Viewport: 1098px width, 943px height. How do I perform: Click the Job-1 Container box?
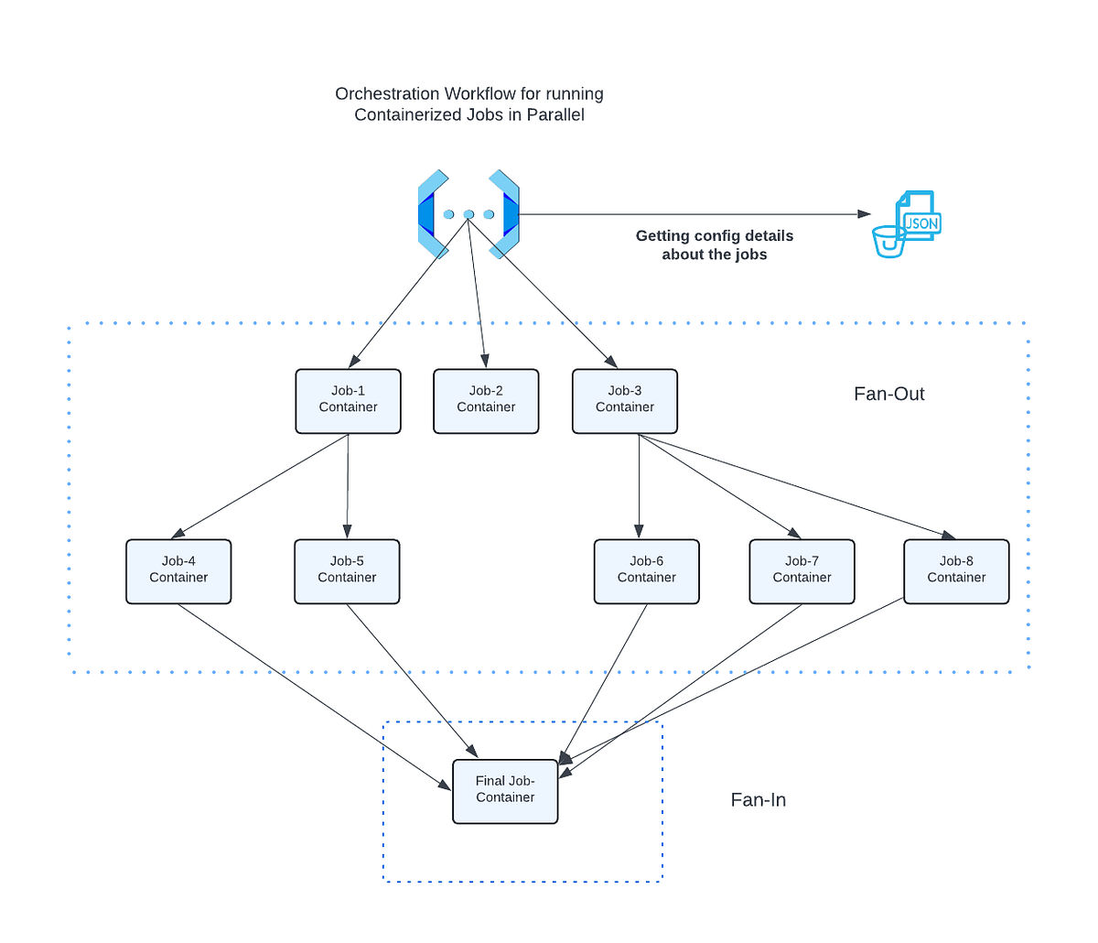(x=348, y=401)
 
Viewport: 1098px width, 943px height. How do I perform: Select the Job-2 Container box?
(x=486, y=401)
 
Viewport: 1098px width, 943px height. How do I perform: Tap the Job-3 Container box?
(x=625, y=401)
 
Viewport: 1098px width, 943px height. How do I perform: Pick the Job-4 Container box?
(x=178, y=571)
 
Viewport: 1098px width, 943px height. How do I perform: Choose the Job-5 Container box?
(x=347, y=571)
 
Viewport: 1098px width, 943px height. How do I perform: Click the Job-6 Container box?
(x=647, y=571)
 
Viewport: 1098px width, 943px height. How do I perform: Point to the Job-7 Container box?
(x=802, y=571)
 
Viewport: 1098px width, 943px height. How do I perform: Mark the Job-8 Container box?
(x=956, y=571)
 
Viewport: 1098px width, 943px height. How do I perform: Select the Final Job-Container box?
(x=505, y=791)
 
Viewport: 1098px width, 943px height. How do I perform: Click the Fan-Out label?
(x=888, y=394)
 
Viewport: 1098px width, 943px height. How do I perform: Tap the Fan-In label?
(x=758, y=800)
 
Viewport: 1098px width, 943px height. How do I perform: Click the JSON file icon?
(x=919, y=217)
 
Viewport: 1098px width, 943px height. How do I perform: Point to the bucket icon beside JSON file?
(x=888, y=242)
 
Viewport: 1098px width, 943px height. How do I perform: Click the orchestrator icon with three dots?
(x=468, y=214)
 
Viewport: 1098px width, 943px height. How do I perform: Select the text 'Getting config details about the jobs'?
(x=715, y=245)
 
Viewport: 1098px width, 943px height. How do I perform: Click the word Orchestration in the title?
(x=387, y=93)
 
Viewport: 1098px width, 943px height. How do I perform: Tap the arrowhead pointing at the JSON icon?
(x=864, y=214)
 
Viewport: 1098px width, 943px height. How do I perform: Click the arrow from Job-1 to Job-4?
(x=261, y=485)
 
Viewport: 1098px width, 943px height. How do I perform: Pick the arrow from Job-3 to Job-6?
(x=639, y=485)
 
